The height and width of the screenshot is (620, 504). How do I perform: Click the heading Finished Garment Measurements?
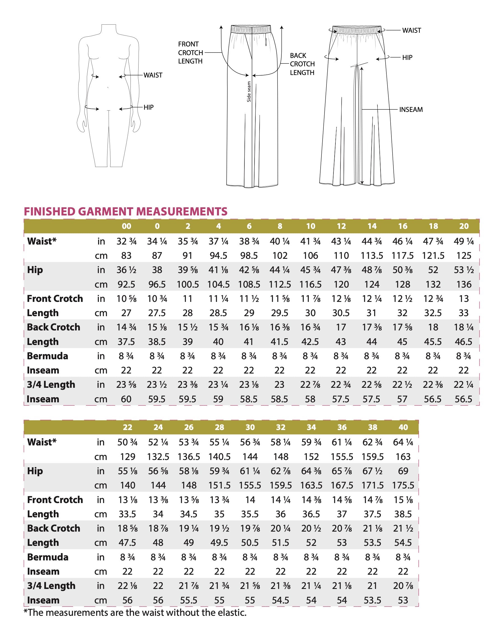125,212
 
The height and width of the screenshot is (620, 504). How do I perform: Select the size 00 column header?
126,226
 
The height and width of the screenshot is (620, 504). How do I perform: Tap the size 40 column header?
403,427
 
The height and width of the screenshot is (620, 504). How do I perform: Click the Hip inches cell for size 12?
341,270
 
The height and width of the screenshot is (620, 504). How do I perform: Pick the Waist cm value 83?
126,256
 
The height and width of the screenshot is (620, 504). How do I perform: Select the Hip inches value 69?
403,471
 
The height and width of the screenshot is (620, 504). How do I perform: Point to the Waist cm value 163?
403,457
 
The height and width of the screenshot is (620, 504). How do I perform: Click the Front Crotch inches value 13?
464,299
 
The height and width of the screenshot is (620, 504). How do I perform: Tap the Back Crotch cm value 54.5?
403,542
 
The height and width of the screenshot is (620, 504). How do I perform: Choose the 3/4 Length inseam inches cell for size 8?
279,385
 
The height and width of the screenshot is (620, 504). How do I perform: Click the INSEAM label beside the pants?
411,110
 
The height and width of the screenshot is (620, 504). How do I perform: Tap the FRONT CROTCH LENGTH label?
190,53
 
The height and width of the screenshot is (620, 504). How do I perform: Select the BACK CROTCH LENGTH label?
302,64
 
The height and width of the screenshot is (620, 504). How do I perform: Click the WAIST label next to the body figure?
153,76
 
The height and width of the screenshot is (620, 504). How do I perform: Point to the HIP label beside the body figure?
148,107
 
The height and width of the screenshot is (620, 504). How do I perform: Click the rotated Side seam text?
249,92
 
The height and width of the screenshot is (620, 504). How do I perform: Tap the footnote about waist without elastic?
135,612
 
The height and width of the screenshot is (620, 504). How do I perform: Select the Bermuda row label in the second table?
48,557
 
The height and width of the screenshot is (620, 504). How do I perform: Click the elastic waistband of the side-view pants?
251,29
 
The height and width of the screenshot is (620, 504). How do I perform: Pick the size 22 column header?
127,427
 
